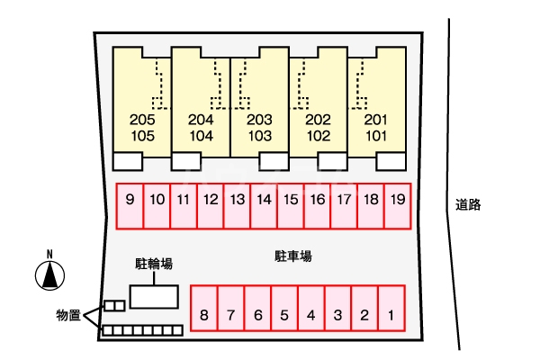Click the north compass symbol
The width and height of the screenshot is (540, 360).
(50, 274)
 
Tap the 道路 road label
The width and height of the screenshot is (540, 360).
(468, 205)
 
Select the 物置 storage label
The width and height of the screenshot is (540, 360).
(67, 315)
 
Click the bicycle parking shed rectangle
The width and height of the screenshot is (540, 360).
(154, 297)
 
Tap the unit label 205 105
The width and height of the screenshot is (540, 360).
(142, 128)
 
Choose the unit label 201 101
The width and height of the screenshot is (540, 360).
(376, 128)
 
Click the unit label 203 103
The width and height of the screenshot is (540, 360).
(260, 128)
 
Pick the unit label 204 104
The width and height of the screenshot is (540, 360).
(202, 128)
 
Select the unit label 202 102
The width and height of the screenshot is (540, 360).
(319, 128)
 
